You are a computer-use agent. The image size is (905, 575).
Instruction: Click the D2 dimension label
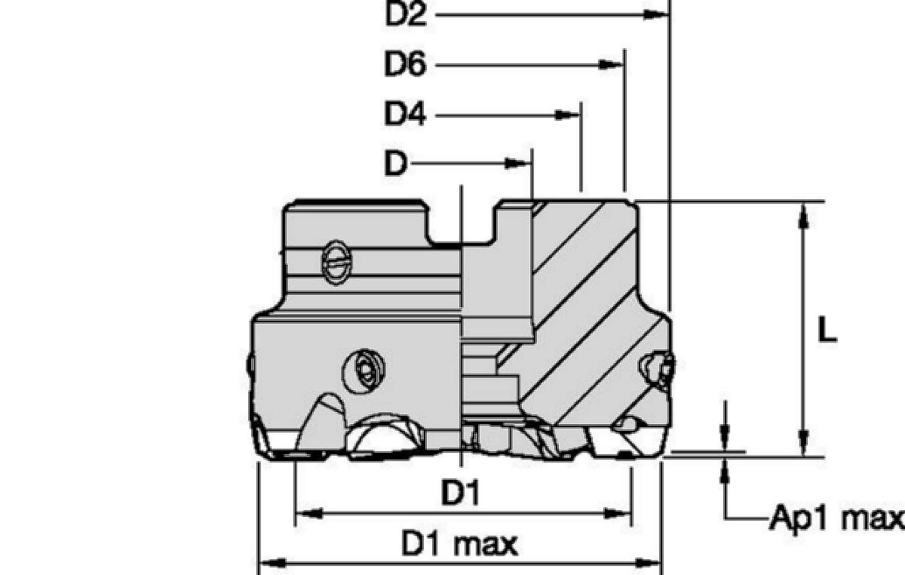[406, 14]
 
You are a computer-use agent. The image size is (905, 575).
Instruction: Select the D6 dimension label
[405, 64]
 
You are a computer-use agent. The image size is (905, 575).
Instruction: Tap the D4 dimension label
[405, 114]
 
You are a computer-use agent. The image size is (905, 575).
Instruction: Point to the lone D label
[395, 163]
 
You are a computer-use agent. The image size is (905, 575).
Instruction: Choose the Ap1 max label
[836, 518]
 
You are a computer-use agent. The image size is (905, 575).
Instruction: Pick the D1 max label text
[460, 544]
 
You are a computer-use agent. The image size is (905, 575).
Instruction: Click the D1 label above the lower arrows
[460, 492]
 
